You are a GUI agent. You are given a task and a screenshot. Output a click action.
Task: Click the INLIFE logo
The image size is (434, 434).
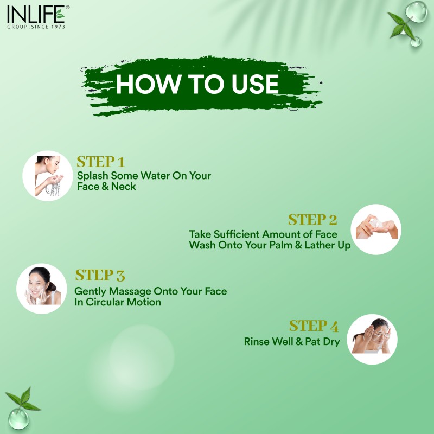point(35,14)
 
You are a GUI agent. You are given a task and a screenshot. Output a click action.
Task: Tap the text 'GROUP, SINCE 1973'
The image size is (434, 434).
point(35,27)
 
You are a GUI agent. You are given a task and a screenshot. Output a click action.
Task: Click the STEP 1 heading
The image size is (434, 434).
point(101,162)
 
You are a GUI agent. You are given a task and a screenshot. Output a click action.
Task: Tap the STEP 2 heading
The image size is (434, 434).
point(312,220)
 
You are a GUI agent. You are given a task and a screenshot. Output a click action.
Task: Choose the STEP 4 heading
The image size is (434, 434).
point(314,326)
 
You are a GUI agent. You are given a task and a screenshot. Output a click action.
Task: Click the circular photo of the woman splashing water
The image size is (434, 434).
point(48,176)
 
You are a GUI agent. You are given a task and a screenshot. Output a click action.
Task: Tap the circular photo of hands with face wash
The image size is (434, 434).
point(376,229)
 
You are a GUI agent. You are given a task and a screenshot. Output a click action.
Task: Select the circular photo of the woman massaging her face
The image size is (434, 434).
point(42,288)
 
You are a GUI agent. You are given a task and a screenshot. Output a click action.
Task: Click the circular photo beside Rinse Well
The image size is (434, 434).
point(372,339)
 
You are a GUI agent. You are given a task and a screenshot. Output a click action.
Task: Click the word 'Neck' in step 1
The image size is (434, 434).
point(124,186)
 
